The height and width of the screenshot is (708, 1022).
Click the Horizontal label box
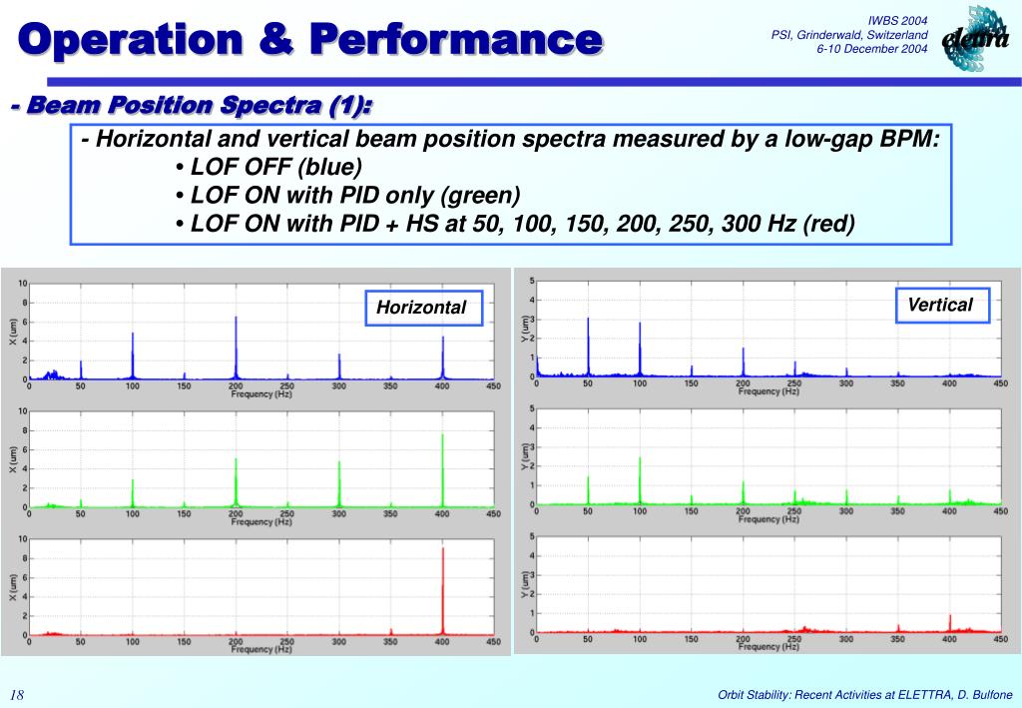coord(421,308)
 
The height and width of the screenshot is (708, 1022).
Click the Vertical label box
coord(940,305)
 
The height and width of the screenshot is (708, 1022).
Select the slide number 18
coord(17,695)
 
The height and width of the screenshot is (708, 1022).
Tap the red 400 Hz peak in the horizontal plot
coord(443,589)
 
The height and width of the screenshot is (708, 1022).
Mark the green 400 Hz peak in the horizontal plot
coord(443,469)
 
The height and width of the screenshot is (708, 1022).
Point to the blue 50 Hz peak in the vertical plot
coord(588,345)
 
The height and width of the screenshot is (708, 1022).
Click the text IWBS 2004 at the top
coord(898,21)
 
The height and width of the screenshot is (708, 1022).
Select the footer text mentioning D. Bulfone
coord(865,695)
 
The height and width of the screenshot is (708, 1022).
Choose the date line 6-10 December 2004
coord(872,50)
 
